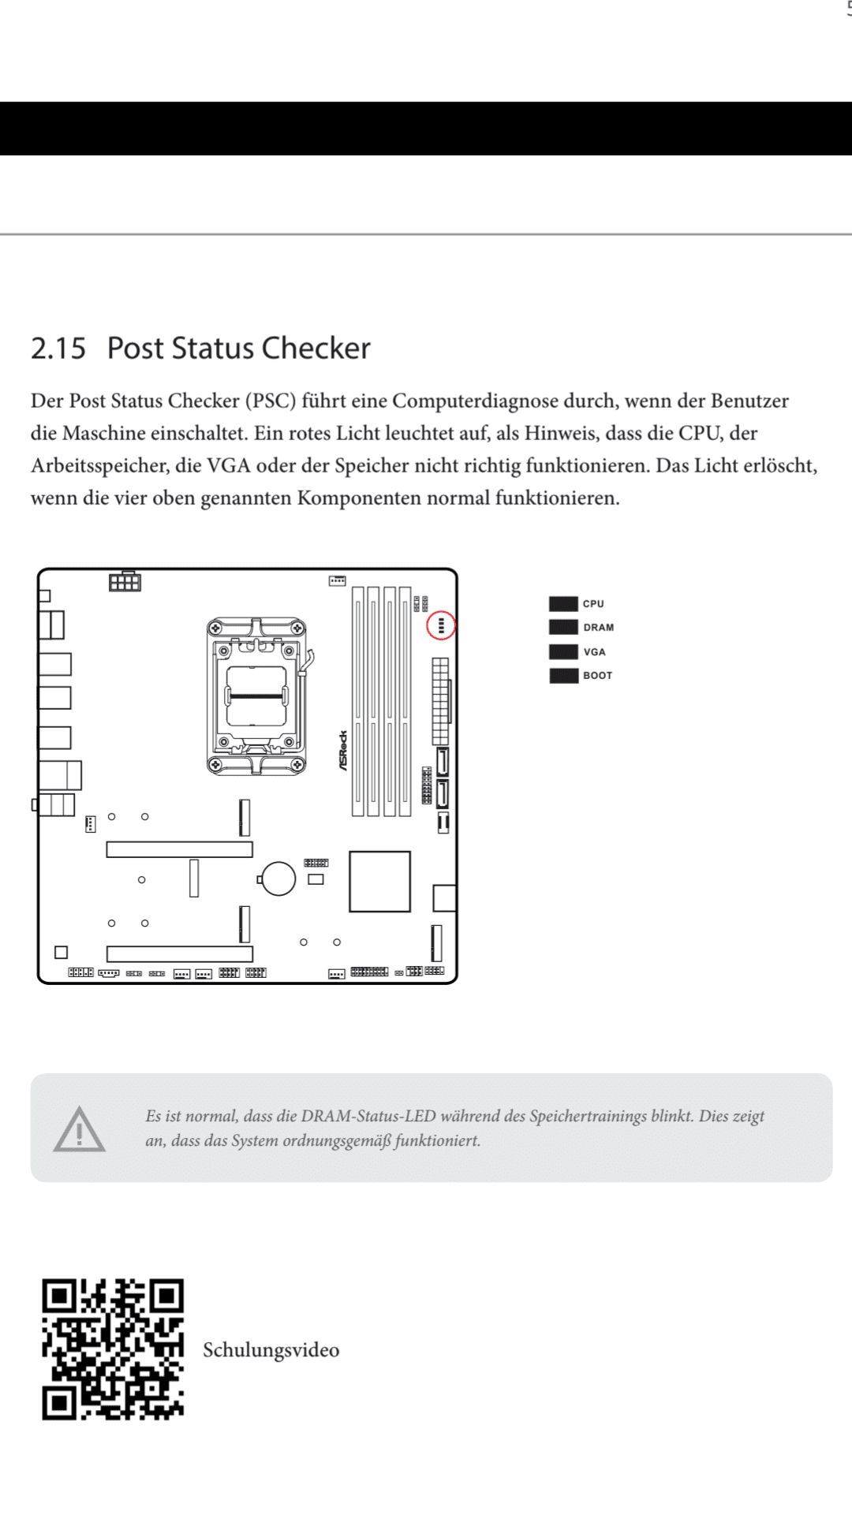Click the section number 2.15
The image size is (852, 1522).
(x=58, y=349)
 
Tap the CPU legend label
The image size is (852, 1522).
(x=593, y=604)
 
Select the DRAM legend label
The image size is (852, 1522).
(x=598, y=628)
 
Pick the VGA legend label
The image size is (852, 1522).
(x=594, y=652)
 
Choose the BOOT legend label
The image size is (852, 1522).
(x=597, y=676)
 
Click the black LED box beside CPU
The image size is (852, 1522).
(x=563, y=604)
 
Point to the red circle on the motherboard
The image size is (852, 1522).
(x=441, y=625)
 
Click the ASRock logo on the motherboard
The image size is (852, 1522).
(x=343, y=750)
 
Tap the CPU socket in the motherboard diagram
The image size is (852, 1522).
(x=256, y=696)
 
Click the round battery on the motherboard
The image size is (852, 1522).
(x=278, y=879)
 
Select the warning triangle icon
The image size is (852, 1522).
(x=79, y=1129)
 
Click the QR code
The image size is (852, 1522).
(x=113, y=1349)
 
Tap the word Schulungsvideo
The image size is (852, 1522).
(x=271, y=1350)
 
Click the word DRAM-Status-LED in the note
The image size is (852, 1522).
(x=368, y=1116)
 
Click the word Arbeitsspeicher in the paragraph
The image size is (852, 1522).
(x=99, y=465)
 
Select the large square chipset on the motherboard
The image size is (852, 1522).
(x=379, y=881)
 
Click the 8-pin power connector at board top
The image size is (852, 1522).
(x=125, y=582)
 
